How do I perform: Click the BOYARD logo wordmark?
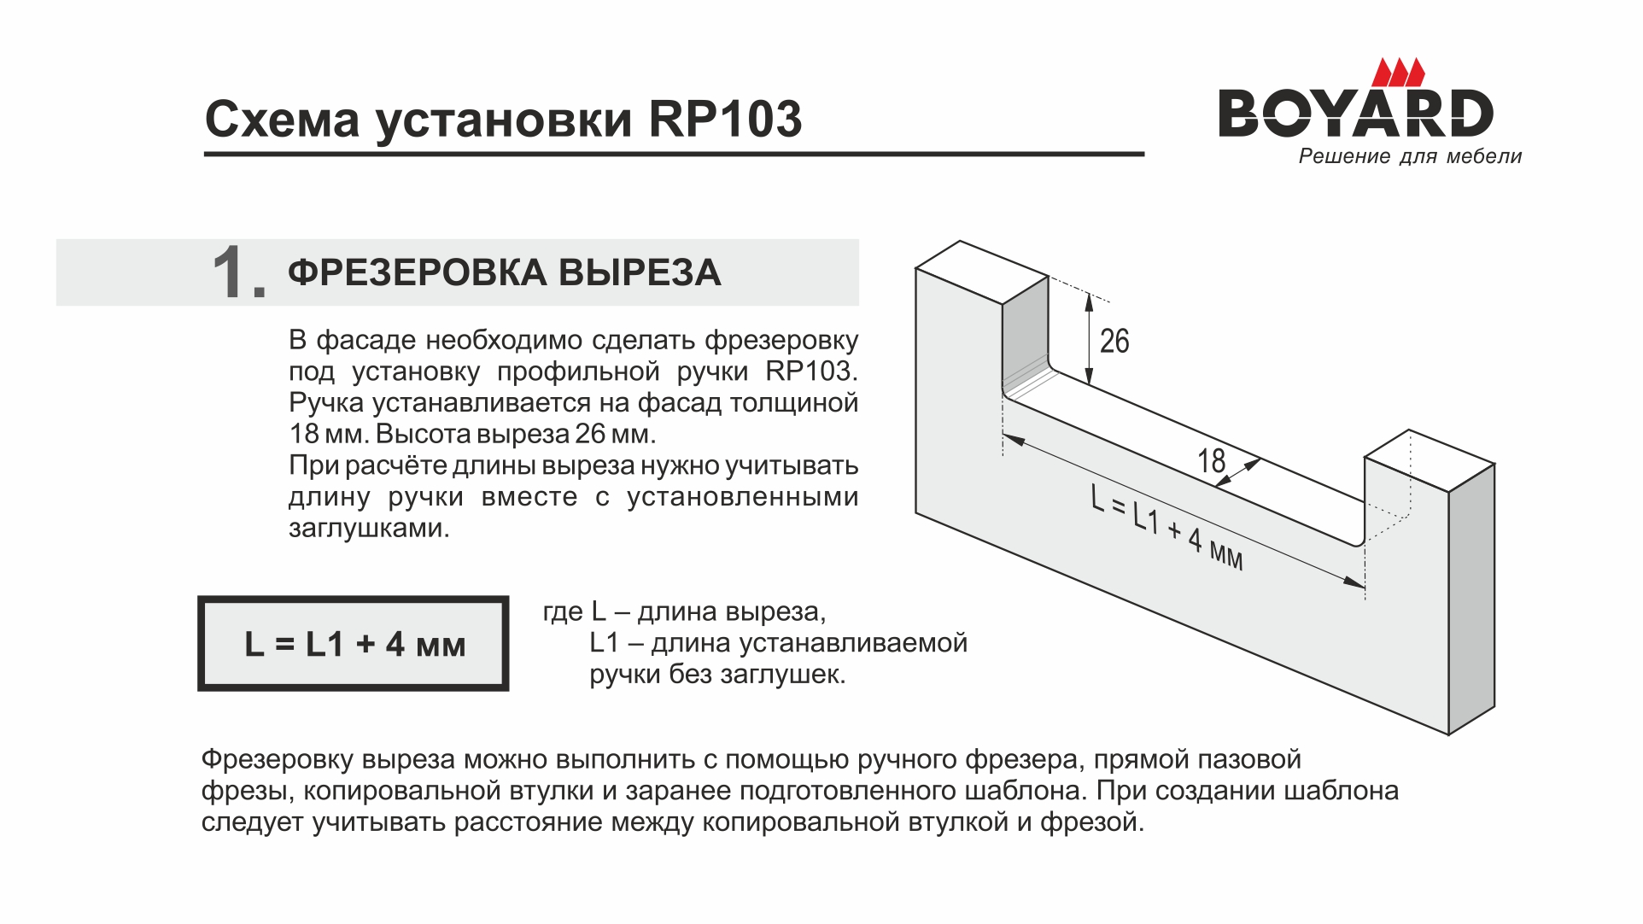[x=1355, y=113]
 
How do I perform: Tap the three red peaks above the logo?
[x=1399, y=73]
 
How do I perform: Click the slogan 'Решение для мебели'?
[x=1410, y=156]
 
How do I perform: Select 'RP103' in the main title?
[x=726, y=119]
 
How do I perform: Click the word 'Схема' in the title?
[x=283, y=119]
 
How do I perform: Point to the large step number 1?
[x=238, y=272]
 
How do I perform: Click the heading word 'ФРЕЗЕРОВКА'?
[x=418, y=273]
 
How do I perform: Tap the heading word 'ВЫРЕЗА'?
[x=640, y=273]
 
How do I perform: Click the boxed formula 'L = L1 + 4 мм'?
[x=354, y=644]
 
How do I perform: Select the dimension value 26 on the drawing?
[x=1114, y=342]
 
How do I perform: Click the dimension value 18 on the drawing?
[x=1211, y=461]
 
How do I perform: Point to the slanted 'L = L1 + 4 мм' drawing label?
[x=1167, y=526]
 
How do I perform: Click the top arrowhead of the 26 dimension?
[x=1089, y=301]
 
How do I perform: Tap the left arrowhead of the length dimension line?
[x=1013, y=439]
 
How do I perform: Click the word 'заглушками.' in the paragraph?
[x=369, y=529]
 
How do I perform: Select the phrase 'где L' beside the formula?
[x=575, y=612]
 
